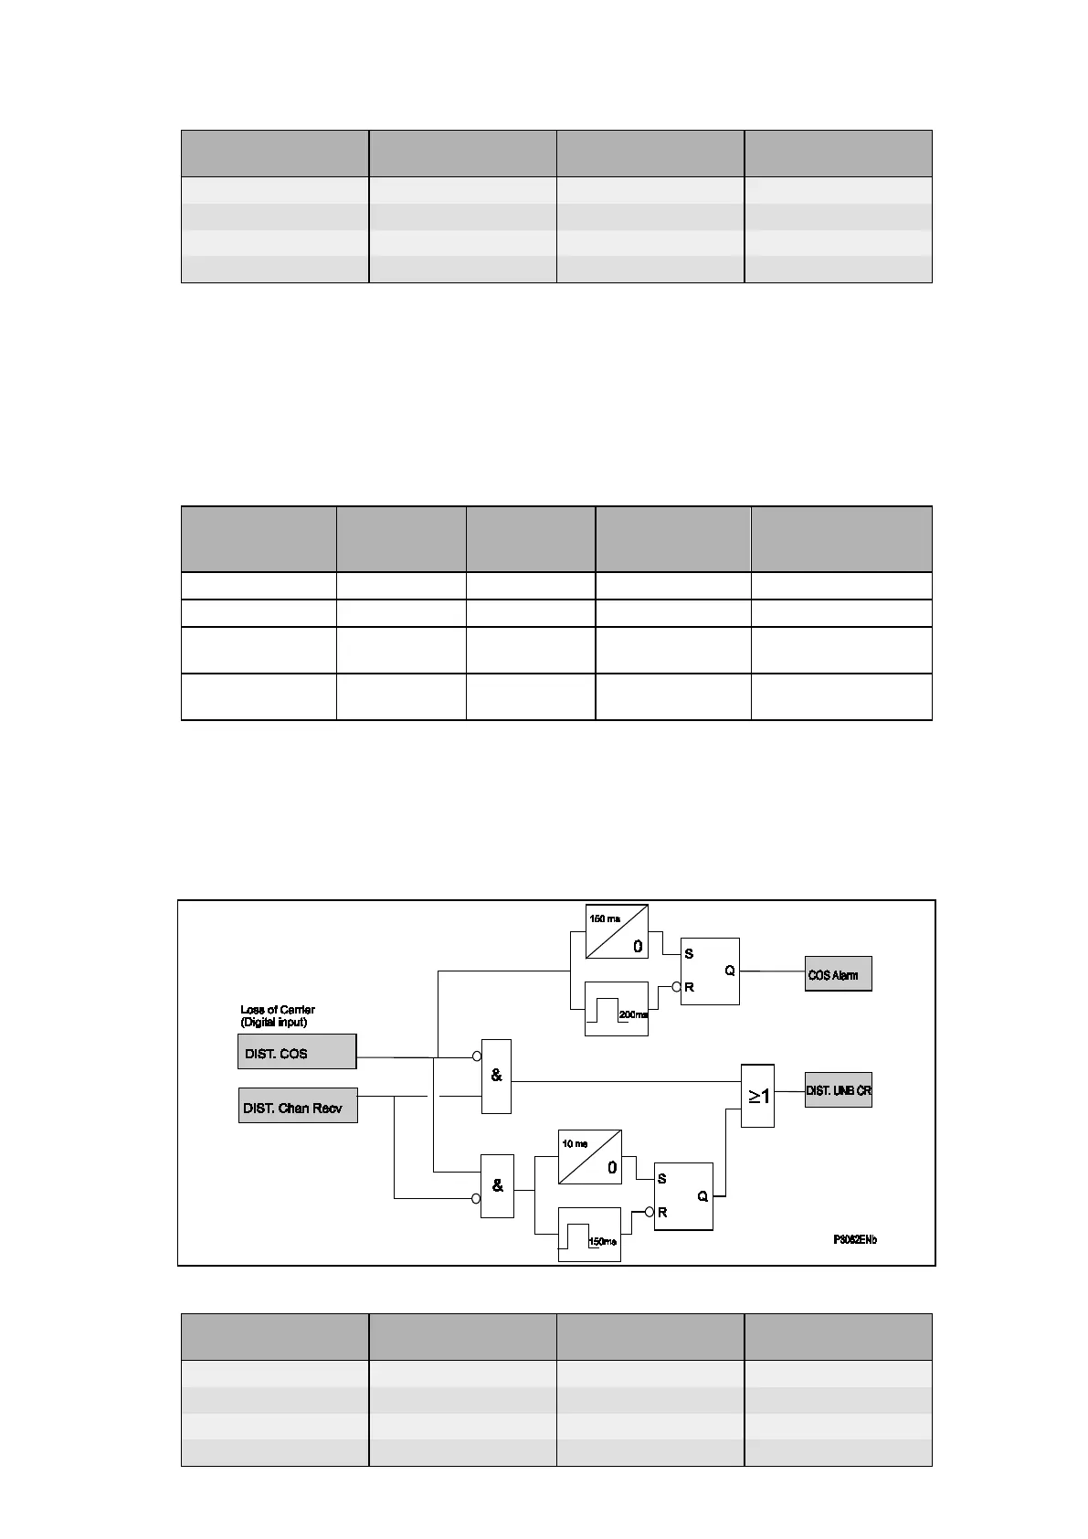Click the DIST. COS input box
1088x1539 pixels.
click(296, 1052)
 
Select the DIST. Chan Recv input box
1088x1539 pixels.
click(297, 1106)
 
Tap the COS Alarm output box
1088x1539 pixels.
click(838, 974)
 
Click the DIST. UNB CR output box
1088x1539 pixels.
click(838, 1090)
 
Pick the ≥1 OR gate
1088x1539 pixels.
click(757, 1096)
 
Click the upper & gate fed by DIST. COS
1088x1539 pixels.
click(496, 1076)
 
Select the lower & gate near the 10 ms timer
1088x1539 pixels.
click(497, 1185)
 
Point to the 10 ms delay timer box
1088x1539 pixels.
click(589, 1156)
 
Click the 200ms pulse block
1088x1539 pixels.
click(616, 1008)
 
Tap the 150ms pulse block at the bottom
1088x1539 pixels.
click(589, 1235)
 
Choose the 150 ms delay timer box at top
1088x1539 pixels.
click(616, 931)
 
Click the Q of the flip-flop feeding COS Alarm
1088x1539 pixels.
click(730, 971)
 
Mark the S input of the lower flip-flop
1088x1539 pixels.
click(662, 1179)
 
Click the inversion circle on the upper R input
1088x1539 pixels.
click(677, 987)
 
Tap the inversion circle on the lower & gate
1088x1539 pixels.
click(476, 1198)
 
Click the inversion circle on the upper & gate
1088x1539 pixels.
click(477, 1056)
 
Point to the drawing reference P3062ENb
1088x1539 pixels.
click(854, 1240)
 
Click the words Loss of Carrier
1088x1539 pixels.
click(278, 1010)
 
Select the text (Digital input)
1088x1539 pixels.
click(274, 1022)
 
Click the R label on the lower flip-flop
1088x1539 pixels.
click(662, 1213)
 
